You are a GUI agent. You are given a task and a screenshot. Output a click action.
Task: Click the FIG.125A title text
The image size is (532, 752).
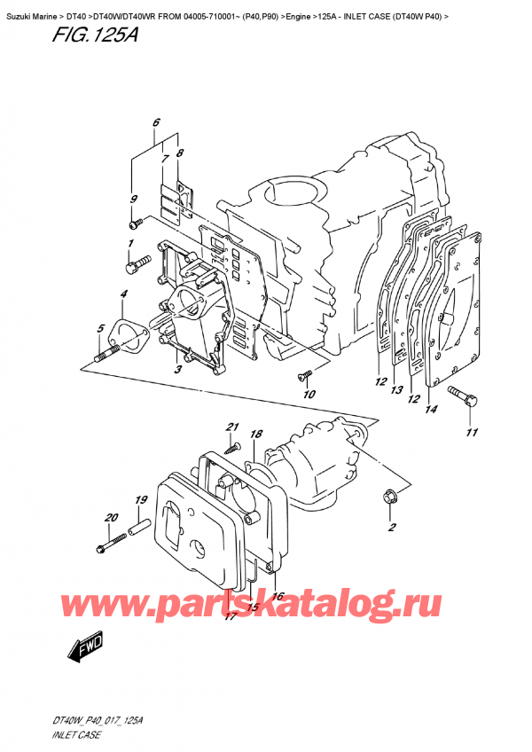56,36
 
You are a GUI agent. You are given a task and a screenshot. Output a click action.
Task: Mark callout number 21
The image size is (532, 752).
232,427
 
